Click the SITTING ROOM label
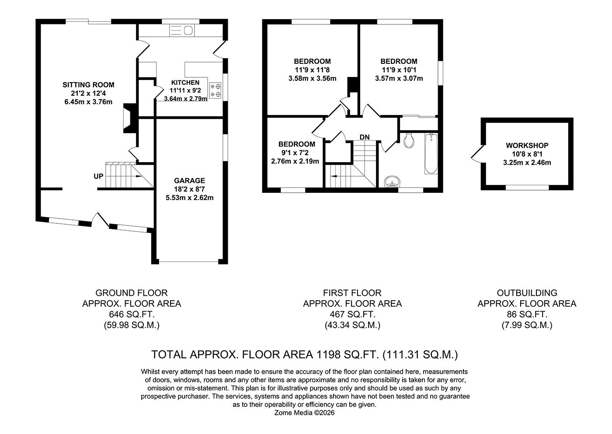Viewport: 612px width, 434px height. tap(88, 85)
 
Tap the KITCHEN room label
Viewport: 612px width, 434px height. tap(185, 83)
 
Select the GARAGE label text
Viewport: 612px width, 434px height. tap(189, 181)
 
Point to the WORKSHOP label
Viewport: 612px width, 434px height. tap(527, 146)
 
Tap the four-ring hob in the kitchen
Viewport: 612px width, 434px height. tap(216, 90)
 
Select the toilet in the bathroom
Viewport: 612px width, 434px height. tap(410, 139)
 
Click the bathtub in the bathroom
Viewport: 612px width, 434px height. tap(431, 154)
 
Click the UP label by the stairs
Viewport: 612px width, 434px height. tap(98, 176)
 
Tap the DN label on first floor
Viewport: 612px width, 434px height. tap(365, 137)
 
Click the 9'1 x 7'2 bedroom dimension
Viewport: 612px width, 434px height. tap(296, 153)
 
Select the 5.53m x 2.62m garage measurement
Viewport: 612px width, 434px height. tap(189, 198)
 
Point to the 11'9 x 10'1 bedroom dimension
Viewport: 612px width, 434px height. tap(399, 70)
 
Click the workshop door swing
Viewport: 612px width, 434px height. tap(476, 154)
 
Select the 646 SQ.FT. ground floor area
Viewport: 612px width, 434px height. tap(131, 314)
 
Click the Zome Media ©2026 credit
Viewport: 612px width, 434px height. tap(304, 413)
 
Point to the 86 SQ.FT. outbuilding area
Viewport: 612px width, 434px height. tap(527, 314)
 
